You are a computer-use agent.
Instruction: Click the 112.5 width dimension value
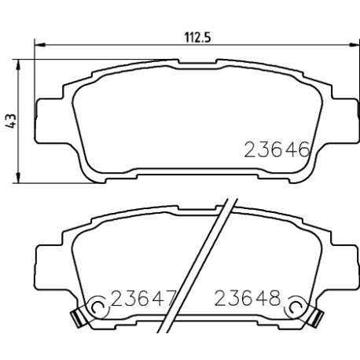click(x=198, y=38)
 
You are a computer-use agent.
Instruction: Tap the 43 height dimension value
click(x=11, y=121)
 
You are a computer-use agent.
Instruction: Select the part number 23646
click(x=277, y=150)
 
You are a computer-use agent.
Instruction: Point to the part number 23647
click(x=143, y=299)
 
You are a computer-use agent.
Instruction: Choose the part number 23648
click(x=248, y=299)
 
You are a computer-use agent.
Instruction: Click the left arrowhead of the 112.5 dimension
click(x=40, y=45)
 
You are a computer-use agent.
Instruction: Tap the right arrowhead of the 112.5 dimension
click(x=354, y=45)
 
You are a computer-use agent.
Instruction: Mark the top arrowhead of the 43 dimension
click(x=18, y=64)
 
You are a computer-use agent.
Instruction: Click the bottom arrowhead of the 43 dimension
click(x=18, y=178)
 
